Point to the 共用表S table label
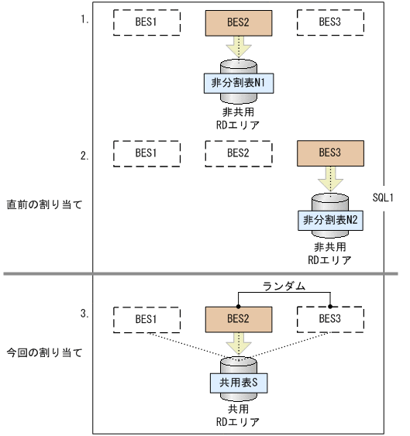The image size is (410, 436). pyautogui.click(x=236, y=383)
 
